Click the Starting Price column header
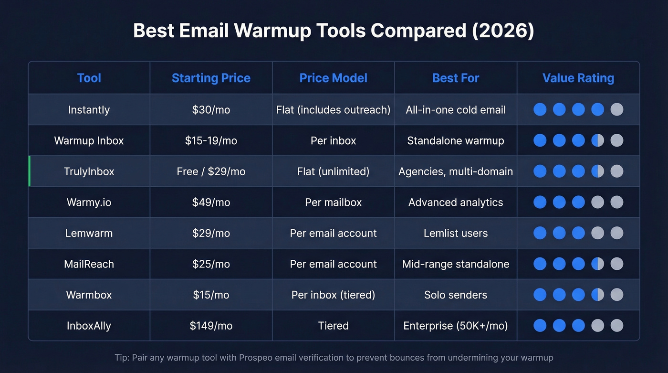(211, 78)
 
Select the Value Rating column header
(578, 78)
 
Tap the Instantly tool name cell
(89, 110)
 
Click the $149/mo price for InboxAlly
(211, 326)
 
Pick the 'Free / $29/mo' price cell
(211, 171)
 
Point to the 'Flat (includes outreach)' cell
(333, 110)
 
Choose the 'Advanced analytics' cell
(455, 202)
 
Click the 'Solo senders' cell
(455, 295)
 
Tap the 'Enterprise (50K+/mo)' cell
(455, 326)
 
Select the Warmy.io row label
(89, 202)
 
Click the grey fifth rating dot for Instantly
(616, 109)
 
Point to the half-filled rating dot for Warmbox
(597, 295)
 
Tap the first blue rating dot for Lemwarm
(540, 233)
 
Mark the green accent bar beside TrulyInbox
(29, 171)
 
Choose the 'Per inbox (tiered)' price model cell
(333, 295)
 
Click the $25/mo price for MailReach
(211, 264)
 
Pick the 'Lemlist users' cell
(455, 233)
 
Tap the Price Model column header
(333, 78)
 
